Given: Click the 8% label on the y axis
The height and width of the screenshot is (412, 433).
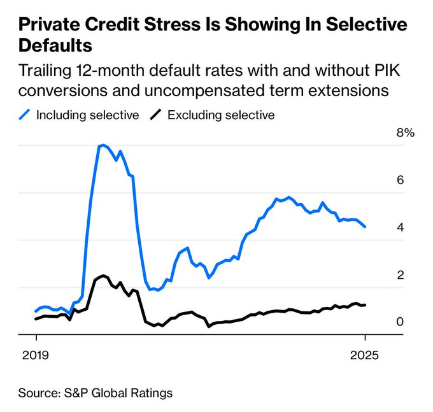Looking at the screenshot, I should (x=404, y=133).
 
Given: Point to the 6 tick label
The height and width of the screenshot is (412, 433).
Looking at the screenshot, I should (x=400, y=180).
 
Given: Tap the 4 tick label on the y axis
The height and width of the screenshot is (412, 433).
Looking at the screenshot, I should (x=400, y=227).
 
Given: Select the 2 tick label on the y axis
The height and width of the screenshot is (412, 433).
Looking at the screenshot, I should (x=400, y=275).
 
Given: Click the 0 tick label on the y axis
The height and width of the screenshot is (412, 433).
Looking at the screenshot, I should (x=400, y=322).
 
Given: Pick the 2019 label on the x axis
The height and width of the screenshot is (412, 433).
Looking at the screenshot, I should (x=36, y=355).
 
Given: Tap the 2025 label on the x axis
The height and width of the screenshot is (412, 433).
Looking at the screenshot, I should (x=366, y=355).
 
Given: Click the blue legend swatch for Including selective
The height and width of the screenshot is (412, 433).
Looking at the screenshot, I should (x=25, y=115).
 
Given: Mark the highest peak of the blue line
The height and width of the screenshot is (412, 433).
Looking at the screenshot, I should (x=103, y=145).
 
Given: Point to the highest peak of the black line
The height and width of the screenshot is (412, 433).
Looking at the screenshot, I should (x=103, y=276).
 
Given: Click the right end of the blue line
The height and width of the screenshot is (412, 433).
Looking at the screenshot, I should (x=365, y=227).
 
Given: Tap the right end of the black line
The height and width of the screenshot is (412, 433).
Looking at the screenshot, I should (x=365, y=305).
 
